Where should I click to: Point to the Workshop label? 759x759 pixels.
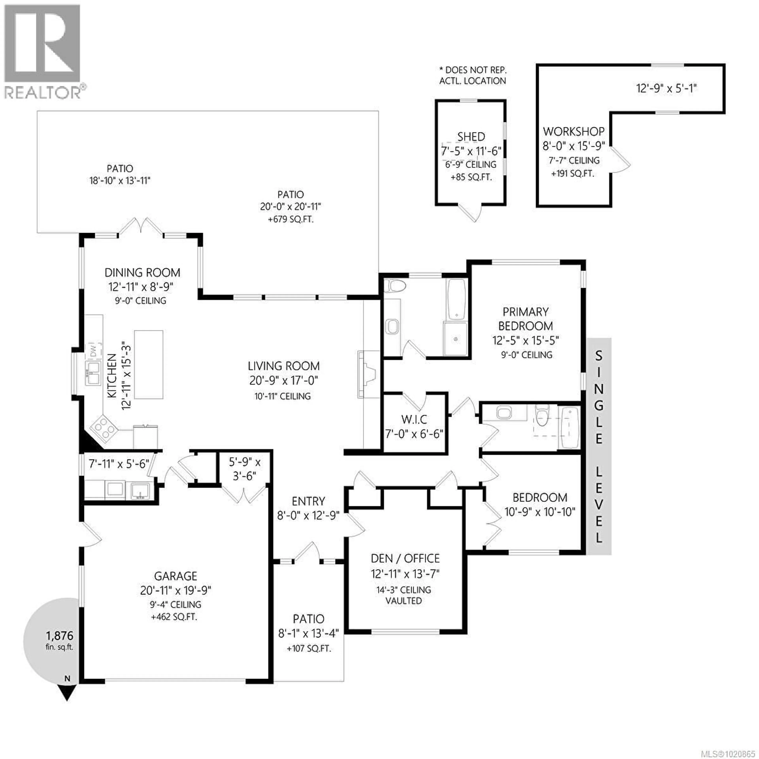tap(574, 131)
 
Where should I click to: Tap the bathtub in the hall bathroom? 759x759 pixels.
tap(569, 428)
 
